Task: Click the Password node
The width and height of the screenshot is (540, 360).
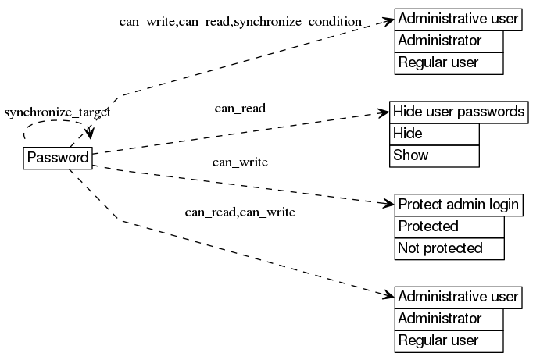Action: click(x=58, y=158)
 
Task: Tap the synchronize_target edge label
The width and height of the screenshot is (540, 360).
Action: click(x=57, y=112)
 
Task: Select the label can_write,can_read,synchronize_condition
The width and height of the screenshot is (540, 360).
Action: click(x=240, y=21)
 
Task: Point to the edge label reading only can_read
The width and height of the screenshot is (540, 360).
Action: click(x=240, y=108)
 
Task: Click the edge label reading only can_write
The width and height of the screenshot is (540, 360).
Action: click(x=240, y=162)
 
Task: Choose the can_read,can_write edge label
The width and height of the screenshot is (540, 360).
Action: click(x=239, y=212)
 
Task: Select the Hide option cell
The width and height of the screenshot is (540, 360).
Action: click(x=434, y=134)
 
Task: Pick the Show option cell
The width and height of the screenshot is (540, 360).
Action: click(x=434, y=155)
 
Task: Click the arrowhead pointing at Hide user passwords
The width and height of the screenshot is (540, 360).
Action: click(x=384, y=112)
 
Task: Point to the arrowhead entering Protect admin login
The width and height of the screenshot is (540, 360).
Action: click(x=389, y=205)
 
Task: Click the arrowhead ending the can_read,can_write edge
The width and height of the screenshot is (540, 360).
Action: click(x=389, y=296)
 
